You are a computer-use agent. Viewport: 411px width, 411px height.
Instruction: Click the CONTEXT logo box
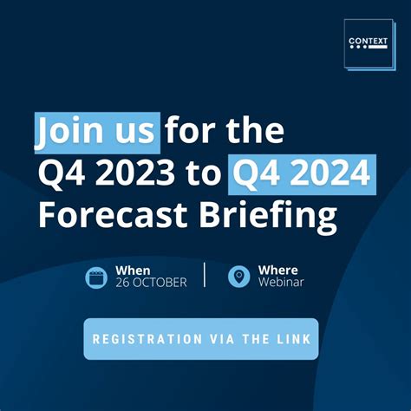click(368, 42)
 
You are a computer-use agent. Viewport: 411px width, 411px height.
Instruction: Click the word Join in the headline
click(68, 133)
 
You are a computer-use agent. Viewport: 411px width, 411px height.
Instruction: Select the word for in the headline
click(192, 133)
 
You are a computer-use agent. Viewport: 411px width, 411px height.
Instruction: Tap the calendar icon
click(96, 277)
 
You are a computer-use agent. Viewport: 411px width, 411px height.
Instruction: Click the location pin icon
click(238, 277)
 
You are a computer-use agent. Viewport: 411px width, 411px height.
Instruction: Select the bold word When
click(134, 270)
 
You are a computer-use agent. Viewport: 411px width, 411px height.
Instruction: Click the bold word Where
click(277, 270)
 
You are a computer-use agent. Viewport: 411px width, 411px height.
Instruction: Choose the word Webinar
click(281, 283)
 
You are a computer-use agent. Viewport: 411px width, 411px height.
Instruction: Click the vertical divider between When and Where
click(205, 275)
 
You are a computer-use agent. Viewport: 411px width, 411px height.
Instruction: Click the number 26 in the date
click(123, 283)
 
